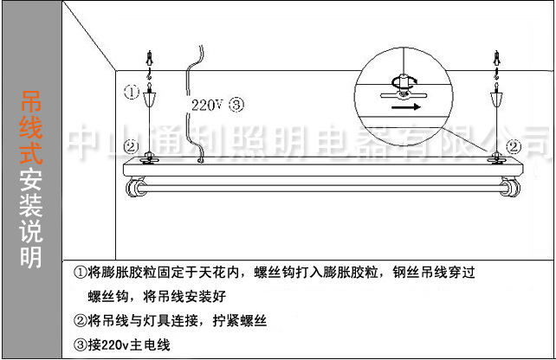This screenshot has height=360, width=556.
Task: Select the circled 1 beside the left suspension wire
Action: click(130, 92)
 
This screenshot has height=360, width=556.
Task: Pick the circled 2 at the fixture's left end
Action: click(130, 146)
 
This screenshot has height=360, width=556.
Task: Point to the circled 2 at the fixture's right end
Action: click(513, 146)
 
